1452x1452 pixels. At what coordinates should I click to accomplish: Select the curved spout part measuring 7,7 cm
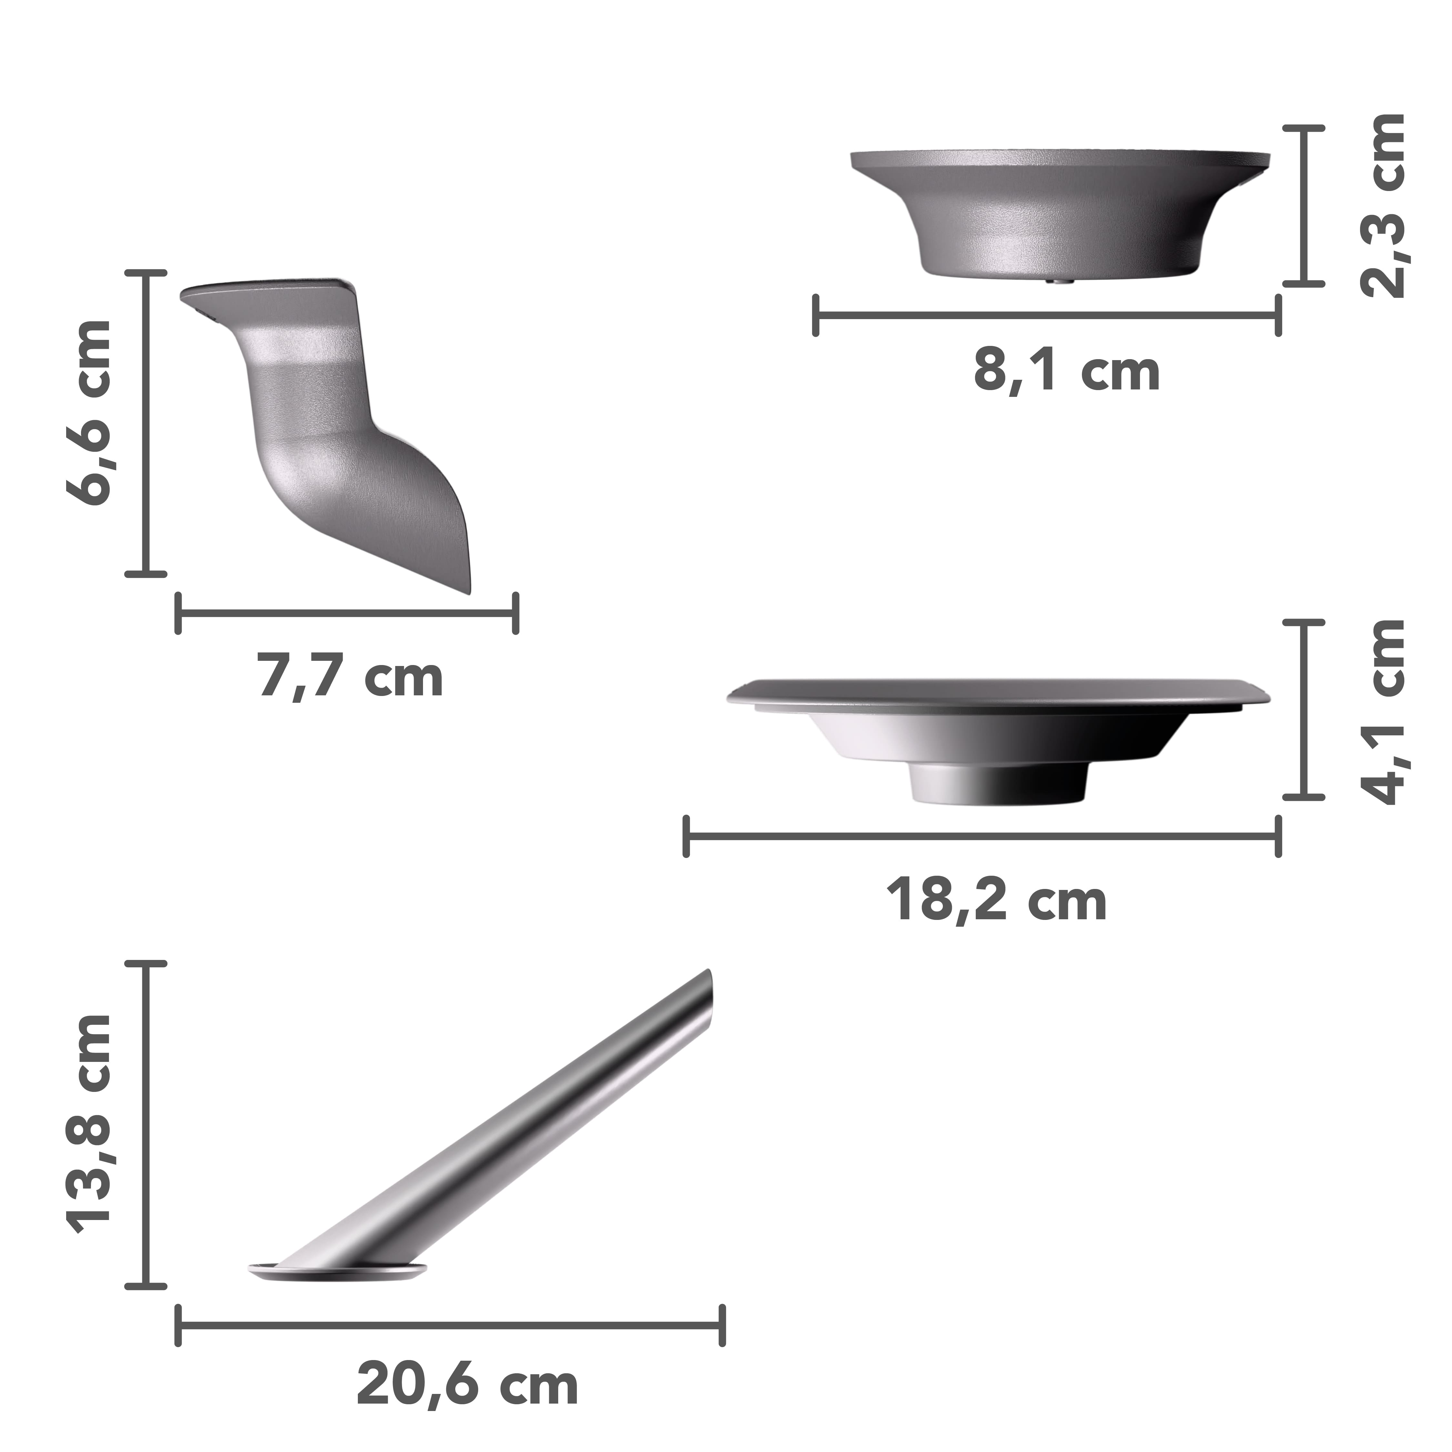[331, 421]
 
